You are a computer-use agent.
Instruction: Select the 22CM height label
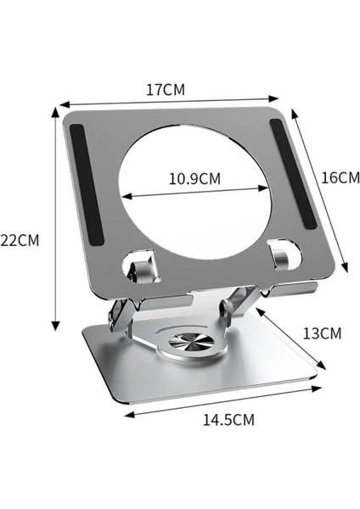(20, 240)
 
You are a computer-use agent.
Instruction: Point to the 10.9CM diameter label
(194, 179)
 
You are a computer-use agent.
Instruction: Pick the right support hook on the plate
(279, 253)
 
